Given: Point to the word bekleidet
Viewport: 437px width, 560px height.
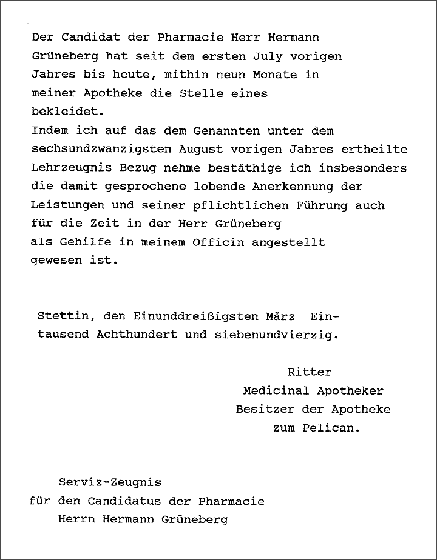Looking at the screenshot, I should click(64, 112).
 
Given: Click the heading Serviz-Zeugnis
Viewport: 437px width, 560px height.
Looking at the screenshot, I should click(110, 483).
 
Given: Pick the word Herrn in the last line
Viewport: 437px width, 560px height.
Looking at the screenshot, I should click(75, 520).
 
